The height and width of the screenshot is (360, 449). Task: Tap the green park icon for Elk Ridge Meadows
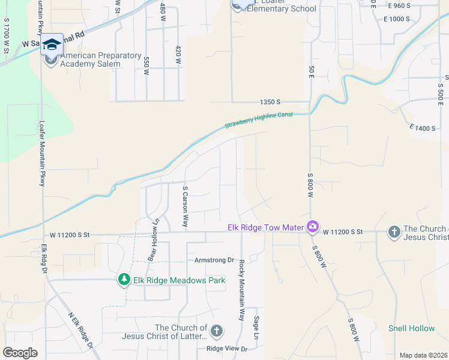pos(124,280)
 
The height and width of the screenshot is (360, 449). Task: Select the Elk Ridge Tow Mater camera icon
pos(312,227)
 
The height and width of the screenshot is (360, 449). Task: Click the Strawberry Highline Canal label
pos(259,120)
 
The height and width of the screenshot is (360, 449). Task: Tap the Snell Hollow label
pos(411,328)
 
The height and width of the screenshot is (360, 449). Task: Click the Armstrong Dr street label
pos(214,260)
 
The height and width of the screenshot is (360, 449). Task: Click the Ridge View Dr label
pos(227,349)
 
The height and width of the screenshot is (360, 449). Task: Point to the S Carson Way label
pos(186,206)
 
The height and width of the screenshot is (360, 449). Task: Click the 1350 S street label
pos(271,102)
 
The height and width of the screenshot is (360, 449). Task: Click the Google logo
pos(20,353)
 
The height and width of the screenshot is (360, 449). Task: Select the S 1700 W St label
pos(7,35)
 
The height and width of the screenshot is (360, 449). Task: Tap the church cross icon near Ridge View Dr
pos(216,331)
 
